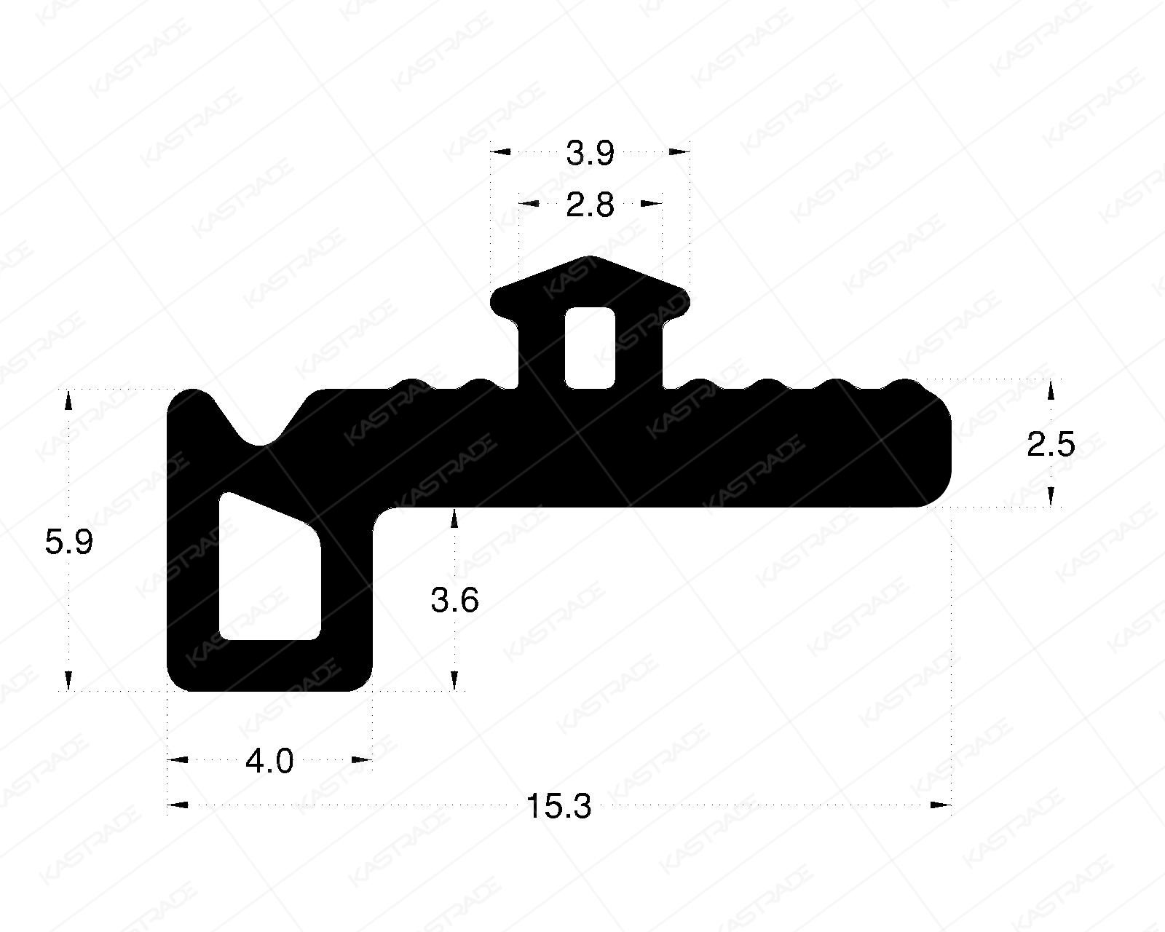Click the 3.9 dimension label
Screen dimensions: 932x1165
coord(591,154)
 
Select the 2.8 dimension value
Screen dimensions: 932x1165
coord(591,206)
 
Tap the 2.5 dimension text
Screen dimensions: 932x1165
coord(1051,445)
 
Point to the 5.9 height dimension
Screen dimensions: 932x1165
coord(69,542)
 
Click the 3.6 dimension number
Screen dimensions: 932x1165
coord(455,601)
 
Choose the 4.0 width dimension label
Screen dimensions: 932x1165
coord(269,762)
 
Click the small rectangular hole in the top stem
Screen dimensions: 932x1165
coord(591,347)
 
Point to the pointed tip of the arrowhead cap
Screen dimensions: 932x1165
coord(591,258)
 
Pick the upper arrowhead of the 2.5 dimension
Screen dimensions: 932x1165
coord(1051,392)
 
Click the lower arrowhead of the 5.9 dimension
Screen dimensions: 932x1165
coord(69,681)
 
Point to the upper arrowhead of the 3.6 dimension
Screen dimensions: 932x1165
coord(455,518)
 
